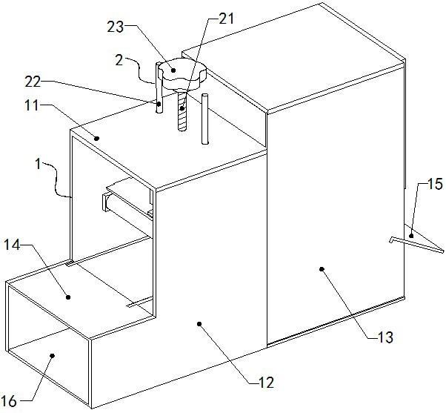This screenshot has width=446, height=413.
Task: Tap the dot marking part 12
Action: point(200,323)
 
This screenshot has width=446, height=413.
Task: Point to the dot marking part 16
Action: point(52,357)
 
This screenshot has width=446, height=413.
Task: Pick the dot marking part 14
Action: point(69,296)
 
